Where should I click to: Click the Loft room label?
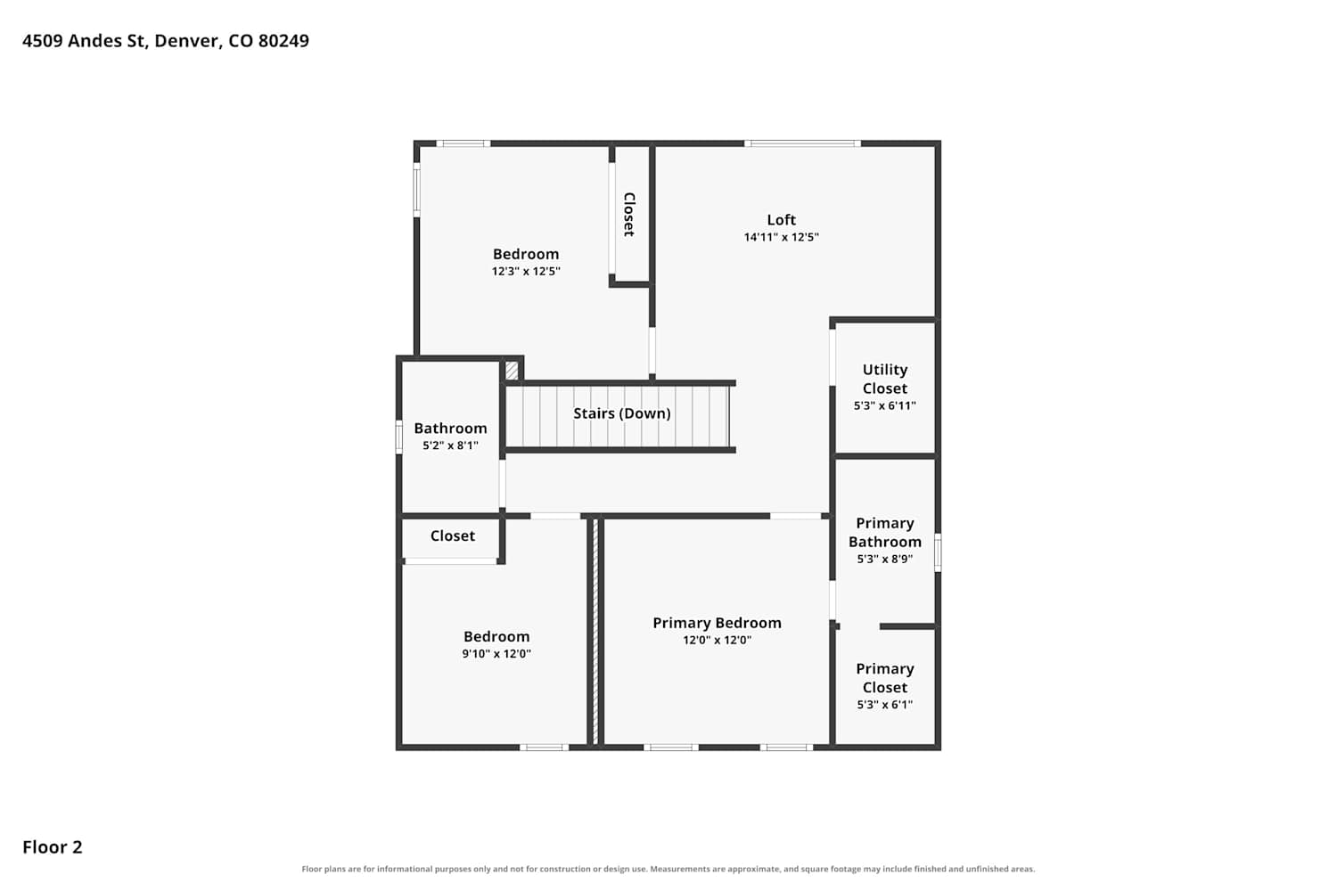(782, 219)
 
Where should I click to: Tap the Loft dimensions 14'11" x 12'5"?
(782, 237)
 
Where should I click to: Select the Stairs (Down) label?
(622, 413)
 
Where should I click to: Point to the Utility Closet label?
(884, 379)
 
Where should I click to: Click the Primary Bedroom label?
(717, 623)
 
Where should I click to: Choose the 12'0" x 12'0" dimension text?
(717, 641)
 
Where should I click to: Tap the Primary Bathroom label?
(884, 532)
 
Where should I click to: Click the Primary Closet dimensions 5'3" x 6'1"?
(884, 704)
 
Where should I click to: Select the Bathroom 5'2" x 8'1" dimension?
(450, 445)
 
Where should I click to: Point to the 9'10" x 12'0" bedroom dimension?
(496, 653)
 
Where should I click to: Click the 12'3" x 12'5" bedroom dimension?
(526, 271)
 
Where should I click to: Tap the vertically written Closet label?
(629, 214)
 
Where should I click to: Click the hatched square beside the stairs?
(512, 370)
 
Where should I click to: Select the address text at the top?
(166, 41)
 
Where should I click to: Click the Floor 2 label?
(53, 846)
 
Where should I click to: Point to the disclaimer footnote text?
(668, 869)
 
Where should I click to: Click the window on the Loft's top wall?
(802, 143)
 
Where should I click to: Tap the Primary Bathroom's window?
(938, 552)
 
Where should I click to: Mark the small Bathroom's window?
(398, 437)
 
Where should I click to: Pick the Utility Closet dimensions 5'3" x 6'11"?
(884, 405)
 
